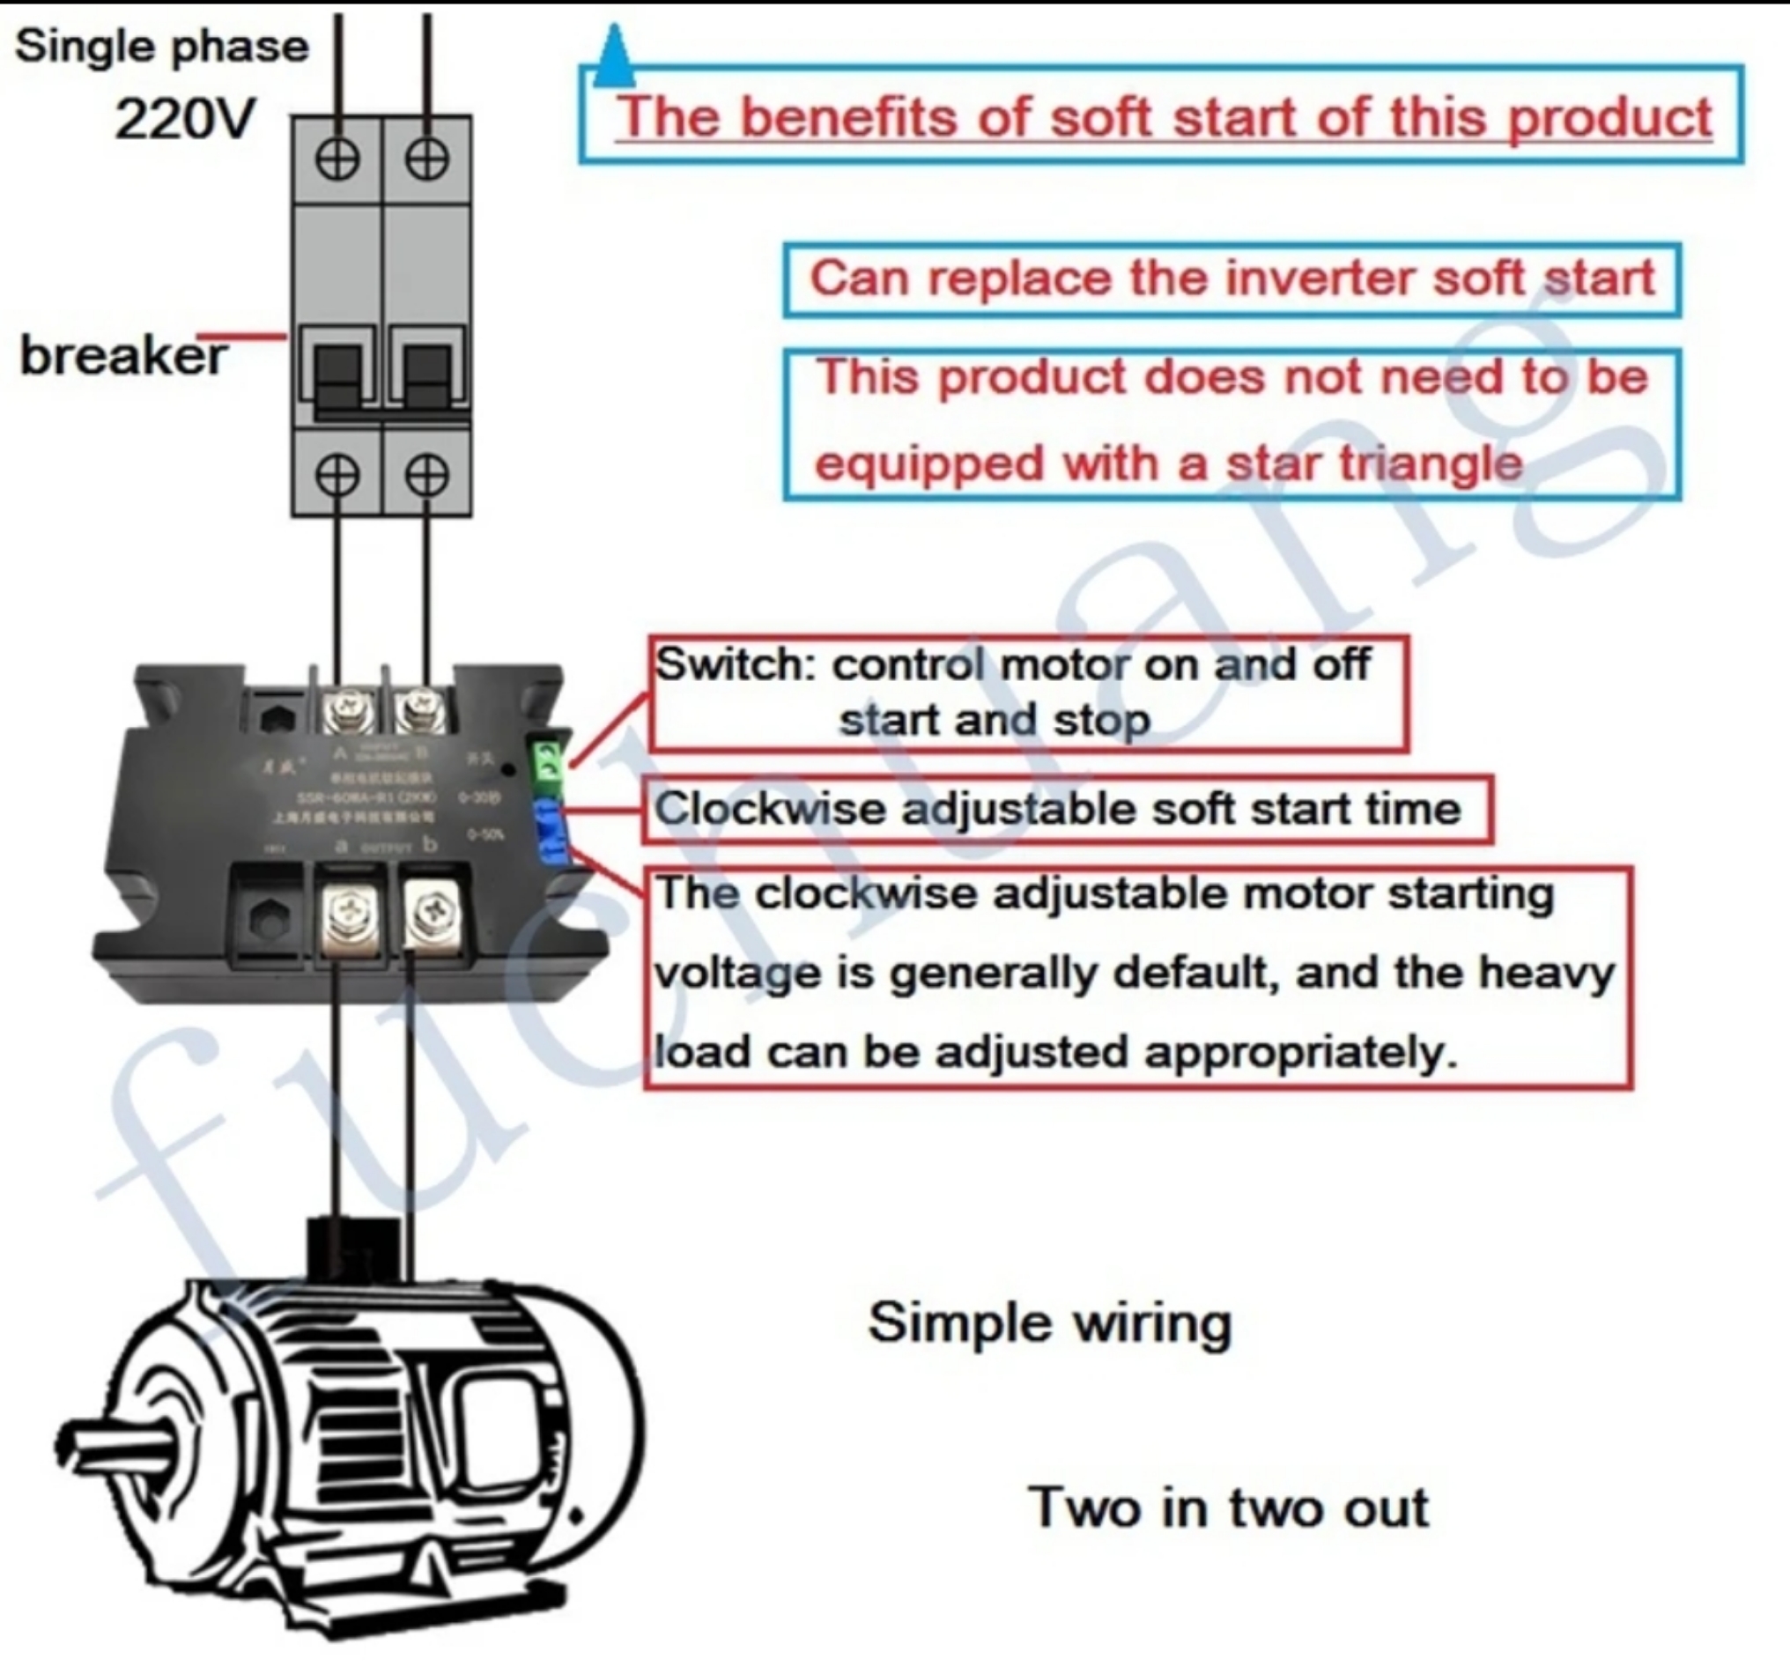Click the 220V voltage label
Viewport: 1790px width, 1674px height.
pos(185,118)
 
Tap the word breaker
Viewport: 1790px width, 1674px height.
pos(122,356)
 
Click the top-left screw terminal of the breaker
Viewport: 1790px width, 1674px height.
pos(337,159)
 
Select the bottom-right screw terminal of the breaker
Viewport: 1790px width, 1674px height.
pos(426,474)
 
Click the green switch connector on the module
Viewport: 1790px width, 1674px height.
pos(547,761)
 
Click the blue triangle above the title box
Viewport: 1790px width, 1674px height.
pos(615,56)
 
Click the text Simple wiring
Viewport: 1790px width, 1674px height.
pos(1050,1322)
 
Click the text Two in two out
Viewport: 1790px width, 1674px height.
pos(1228,1507)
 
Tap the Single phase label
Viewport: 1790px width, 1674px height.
pos(162,47)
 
